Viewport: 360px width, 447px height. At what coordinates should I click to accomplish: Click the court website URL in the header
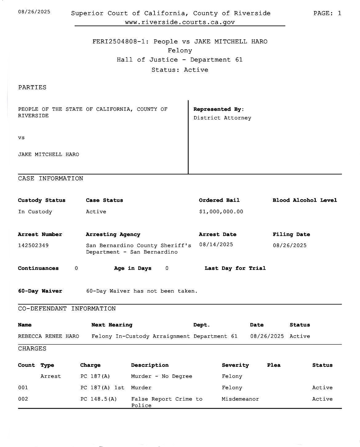[180, 22]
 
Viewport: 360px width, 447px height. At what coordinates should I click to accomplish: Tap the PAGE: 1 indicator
[327, 13]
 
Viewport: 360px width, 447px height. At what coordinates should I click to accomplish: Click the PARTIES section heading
[32, 87]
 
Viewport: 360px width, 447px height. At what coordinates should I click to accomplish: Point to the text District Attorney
[222, 118]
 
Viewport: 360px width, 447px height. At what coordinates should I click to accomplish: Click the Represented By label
[218, 109]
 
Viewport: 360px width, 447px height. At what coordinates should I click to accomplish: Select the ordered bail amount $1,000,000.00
[221, 212]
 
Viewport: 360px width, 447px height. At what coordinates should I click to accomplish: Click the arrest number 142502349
[33, 245]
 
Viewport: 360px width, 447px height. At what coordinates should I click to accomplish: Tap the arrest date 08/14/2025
[216, 245]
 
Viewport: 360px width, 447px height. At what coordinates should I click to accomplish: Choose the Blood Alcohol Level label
[305, 200]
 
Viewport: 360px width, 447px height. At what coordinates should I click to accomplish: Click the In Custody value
[35, 212]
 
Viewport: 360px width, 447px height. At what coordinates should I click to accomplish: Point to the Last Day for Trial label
[235, 268]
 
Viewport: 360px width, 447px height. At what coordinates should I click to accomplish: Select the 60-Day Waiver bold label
[40, 291]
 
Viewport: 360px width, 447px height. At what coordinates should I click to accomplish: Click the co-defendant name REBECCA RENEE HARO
[49, 336]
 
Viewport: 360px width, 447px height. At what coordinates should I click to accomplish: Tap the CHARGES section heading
[32, 349]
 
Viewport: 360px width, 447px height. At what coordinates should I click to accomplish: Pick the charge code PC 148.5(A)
[98, 399]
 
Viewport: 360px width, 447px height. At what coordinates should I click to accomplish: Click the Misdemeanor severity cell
[240, 399]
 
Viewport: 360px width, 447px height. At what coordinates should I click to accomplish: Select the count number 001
[23, 388]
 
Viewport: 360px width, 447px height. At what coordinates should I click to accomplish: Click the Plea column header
[274, 365]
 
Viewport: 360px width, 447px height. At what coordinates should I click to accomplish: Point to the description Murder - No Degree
[162, 376]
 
